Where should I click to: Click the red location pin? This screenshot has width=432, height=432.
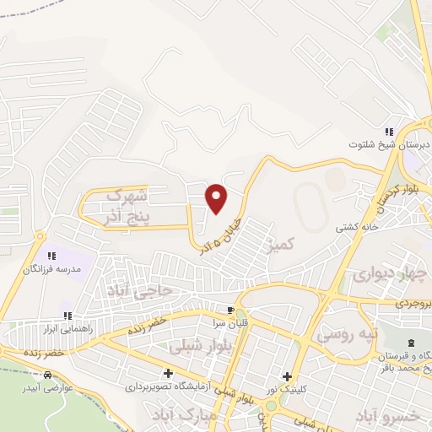217,198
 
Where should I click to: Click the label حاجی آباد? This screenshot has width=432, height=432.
138,289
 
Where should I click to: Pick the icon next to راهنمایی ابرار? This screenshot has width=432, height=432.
68,316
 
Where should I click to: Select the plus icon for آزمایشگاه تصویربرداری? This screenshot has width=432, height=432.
168,373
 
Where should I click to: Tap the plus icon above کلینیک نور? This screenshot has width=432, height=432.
288,377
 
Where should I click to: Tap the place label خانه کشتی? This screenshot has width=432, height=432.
355,227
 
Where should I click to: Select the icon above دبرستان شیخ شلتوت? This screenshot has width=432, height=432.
389,132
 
